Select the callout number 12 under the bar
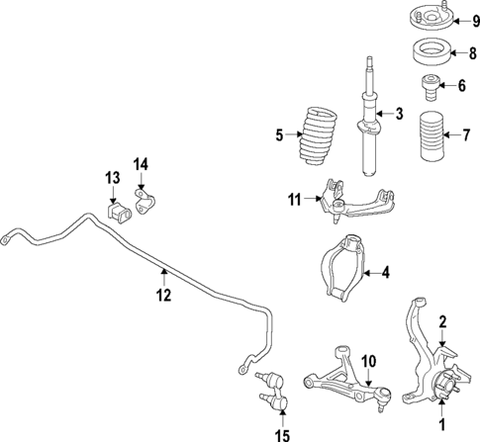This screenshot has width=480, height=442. [163, 295]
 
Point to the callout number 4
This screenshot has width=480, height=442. [386, 272]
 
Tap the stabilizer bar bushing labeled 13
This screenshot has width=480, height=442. [116, 213]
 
